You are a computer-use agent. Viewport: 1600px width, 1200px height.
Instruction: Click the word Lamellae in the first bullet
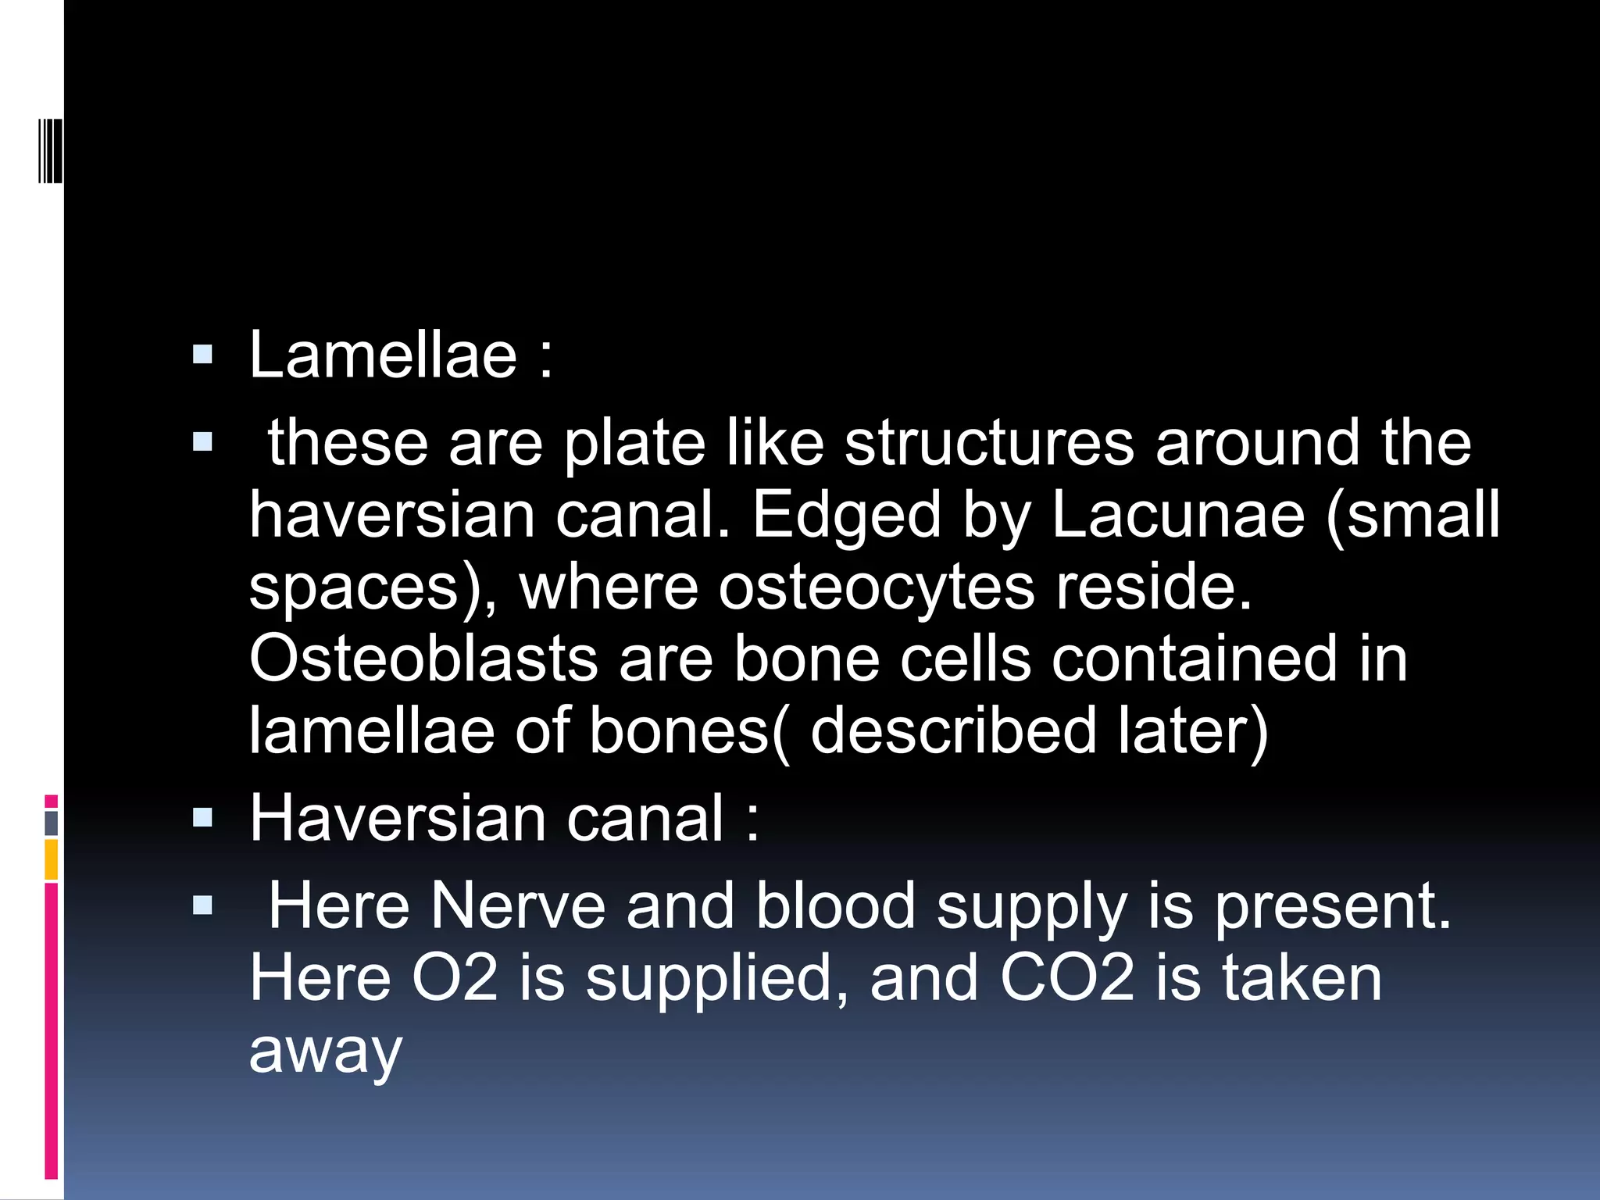pyautogui.click(x=383, y=355)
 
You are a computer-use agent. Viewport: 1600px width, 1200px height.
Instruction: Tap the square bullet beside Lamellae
pyautogui.click(x=202, y=356)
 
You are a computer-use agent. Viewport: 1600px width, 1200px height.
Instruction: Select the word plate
pyautogui.click(x=634, y=443)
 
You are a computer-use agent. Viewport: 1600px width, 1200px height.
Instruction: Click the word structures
pyautogui.click(x=988, y=443)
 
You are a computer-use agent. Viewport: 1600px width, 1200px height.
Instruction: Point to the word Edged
pyautogui.click(x=846, y=516)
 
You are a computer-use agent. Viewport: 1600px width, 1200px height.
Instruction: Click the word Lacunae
pyautogui.click(x=1178, y=515)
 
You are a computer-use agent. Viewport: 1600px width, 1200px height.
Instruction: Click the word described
pyautogui.click(x=954, y=731)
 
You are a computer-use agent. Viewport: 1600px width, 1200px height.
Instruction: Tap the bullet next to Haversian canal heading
pyautogui.click(x=202, y=818)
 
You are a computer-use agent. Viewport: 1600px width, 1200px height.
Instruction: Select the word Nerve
pyautogui.click(x=518, y=906)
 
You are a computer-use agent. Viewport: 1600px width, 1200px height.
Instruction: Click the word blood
pyautogui.click(x=835, y=906)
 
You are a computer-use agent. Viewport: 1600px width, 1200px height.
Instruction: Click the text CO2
pyautogui.click(x=1067, y=978)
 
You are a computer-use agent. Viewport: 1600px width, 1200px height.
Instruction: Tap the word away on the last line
pyautogui.click(x=326, y=1051)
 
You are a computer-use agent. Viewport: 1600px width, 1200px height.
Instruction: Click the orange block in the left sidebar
pyautogui.click(x=51, y=859)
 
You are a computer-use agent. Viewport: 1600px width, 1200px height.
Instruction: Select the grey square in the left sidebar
pyautogui.click(x=51, y=823)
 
